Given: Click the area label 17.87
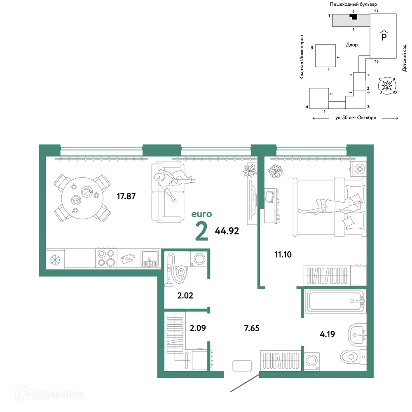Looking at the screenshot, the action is tap(126, 196).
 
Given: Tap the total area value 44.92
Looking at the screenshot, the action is tap(227, 231).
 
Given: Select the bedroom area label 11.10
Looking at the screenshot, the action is tap(283, 254).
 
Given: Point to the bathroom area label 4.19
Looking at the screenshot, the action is tap(328, 334).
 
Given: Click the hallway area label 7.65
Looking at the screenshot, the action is tap(252, 328).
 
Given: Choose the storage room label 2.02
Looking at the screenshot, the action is tap(185, 295).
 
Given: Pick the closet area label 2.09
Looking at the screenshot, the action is tap(198, 328).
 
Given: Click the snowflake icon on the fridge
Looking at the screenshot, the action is tap(55, 260).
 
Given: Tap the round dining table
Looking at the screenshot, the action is tap(82, 198).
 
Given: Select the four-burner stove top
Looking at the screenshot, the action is tap(106, 258).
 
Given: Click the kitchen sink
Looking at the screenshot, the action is tap(150, 258).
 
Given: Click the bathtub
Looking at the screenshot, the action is tap(335, 301).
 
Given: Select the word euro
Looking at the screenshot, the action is tap(201, 214).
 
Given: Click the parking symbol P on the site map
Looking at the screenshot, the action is tap(384, 35).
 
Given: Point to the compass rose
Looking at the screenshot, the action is tap(387, 86).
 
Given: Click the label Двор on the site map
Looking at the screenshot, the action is tap(352, 45).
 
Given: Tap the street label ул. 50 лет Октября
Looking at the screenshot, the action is tap(356, 118).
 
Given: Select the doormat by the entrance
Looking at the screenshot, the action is tap(242, 365).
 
